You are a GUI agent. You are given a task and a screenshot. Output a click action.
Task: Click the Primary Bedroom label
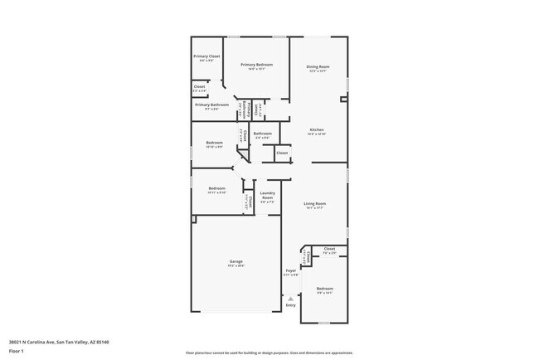pyautogui.click(x=257, y=64)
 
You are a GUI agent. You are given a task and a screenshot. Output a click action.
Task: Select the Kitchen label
pyautogui.click(x=317, y=129)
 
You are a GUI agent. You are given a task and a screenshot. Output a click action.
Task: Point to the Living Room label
pyautogui.click(x=314, y=203)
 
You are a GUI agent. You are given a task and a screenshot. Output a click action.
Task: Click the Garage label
pyautogui.click(x=236, y=261)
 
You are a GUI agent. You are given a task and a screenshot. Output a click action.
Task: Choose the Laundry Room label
pyautogui.click(x=267, y=196)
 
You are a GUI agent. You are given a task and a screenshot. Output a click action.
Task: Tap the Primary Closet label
pyautogui.click(x=207, y=56)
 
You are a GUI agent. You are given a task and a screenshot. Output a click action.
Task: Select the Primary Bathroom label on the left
pyautogui.click(x=212, y=105)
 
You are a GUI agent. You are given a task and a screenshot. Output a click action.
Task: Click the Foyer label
pyautogui.click(x=290, y=271)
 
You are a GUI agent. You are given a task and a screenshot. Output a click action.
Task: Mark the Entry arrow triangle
pyautogui.click(x=290, y=298)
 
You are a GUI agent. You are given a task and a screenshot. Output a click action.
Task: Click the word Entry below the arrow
pyautogui.click(x=290, y=305)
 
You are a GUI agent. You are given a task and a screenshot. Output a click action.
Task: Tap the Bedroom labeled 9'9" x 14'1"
pyautogui.click(x=324, y=290)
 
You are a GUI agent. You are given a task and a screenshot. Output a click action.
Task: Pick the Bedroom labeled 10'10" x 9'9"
pyautogui.click(x=215, y=144)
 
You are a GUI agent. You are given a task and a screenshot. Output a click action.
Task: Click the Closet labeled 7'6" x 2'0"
pyautogui.click(x=329, y=250)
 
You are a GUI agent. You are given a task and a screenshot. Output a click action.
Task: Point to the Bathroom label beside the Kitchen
pyautogui.click(x=263, y=134)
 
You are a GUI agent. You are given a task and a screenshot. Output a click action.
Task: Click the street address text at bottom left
pyautogui.click(x=59, y=341)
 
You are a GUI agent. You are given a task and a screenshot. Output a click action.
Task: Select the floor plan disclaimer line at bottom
pyautogui.click(x=269, y=353)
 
